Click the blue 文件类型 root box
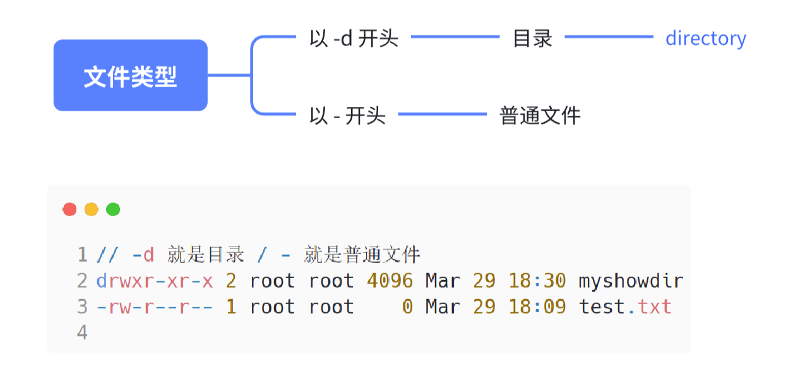[130, 76]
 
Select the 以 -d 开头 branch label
[354, 39]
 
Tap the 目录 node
[532, 39]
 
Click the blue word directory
[705, 39]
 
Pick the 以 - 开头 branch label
[347, 116]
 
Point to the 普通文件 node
[540, 116]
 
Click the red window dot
[69, 209]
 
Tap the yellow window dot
[91, 209]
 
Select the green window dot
[113, 209]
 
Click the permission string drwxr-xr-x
[155, 281]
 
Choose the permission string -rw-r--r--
[155, 307]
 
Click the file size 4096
[390, 281]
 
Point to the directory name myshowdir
[631, 281]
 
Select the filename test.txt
[625, 307]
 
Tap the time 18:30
[537, 281]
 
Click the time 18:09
[537, 307]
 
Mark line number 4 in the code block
[82, 332]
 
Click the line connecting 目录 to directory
[608, 37]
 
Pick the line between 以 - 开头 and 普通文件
[442, 114]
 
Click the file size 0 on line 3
[407, 307]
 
